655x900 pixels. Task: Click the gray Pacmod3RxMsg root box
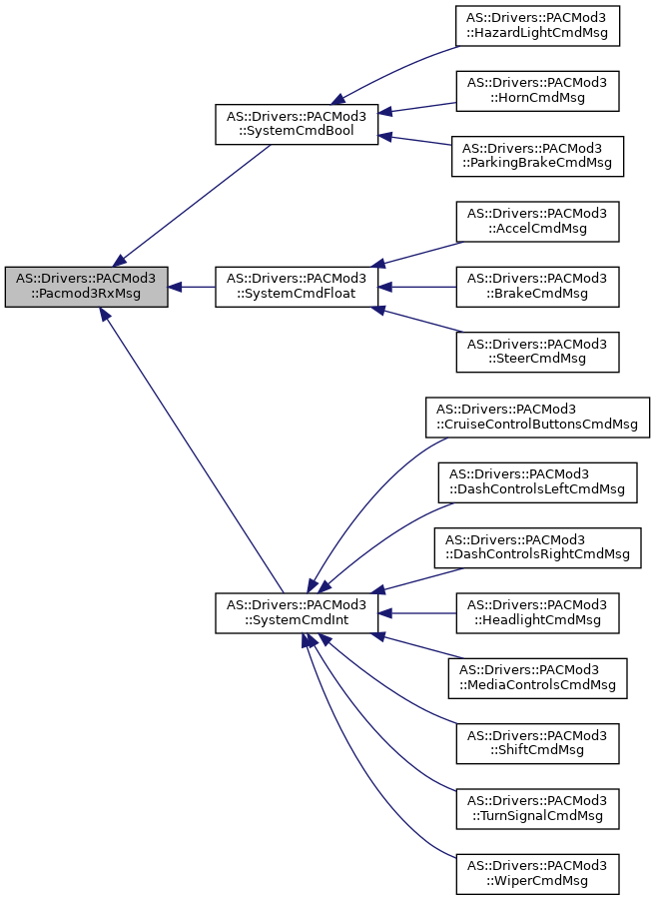point(86,287)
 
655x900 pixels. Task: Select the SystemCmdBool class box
point(298,124)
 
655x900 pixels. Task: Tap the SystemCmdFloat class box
point(298,287)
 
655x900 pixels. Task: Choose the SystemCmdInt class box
point(298,612)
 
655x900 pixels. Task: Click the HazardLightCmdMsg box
point(537,26)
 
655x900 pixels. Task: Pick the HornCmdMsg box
point(537,91)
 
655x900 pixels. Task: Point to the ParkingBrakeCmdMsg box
point(537,156)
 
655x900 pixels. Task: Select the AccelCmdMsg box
point(537,222)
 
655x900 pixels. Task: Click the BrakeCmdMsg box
point(537,287)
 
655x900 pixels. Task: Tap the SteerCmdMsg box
point(537,352)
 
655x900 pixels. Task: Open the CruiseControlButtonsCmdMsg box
point(537,417)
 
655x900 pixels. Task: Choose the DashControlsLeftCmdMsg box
point(537,482)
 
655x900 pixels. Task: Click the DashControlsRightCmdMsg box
point(537,547)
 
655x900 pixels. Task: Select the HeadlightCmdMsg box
point(537,612)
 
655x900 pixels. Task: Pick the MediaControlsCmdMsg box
point(537,677)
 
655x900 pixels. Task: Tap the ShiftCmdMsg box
point(537,743)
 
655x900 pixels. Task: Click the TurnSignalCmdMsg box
point(537,808)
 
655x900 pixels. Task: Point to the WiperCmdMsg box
point(537,873)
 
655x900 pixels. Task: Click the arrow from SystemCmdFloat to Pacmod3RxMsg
point(192,287)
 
